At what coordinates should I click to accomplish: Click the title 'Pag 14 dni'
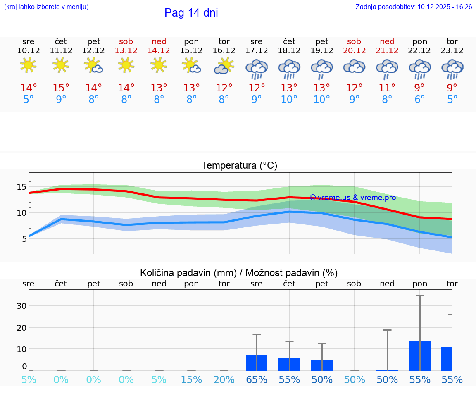[x=191, y=13]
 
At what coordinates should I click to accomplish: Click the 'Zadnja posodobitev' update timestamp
[x=414, y=7]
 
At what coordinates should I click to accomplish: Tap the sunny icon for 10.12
[x=28, y=65]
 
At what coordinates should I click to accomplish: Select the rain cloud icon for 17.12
[x=257, y=68]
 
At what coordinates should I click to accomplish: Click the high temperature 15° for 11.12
[x=61, y=88]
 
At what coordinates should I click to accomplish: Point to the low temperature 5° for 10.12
[x=28, y=100]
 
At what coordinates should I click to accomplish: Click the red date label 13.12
[x=126, y=50]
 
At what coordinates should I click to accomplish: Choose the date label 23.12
[x=452, y=50]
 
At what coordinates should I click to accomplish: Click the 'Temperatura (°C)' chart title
[x=239, y=165]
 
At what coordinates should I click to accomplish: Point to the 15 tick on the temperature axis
[x=21, y=187]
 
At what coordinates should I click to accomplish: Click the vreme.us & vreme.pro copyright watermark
[x=352, y=198]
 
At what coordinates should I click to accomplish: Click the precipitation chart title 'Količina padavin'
[x=239, y=273]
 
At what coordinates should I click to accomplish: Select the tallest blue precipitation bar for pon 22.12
[x=419, y=355]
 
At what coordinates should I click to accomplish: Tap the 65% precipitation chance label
[x=257, y=379]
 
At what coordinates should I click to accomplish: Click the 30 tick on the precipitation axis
[x=21, y=306]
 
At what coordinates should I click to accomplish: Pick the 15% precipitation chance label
[x=191, y=379]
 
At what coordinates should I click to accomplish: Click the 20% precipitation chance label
[x=224, y=379]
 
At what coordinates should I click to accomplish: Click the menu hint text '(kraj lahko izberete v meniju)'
[x=46, y=7]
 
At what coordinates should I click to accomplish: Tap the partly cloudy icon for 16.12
[x=224, y=66]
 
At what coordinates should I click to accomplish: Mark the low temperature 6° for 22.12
[x=419, y=100]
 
